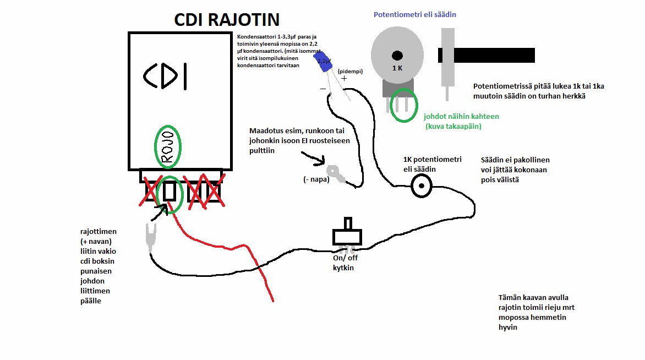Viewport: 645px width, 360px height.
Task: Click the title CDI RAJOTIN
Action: point(227,20)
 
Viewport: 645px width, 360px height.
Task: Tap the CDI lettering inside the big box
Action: point(165,77)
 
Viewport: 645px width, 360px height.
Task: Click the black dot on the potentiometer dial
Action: point(397,55)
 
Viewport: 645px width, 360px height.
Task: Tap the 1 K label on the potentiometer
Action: point(397,68)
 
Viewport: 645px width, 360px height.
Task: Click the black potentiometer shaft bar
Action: point(487,55)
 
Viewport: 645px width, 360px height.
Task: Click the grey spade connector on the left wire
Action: point(151,237)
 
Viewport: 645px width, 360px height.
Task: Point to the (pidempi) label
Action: point(350,72)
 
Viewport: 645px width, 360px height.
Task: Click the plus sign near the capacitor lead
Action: point(345,79)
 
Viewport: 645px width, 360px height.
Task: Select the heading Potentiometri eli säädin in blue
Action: point(415,15)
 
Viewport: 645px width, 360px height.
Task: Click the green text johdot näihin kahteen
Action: point(461,117)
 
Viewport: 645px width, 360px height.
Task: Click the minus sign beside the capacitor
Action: point(323,87)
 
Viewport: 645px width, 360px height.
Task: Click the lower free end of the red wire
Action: point(272,301)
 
